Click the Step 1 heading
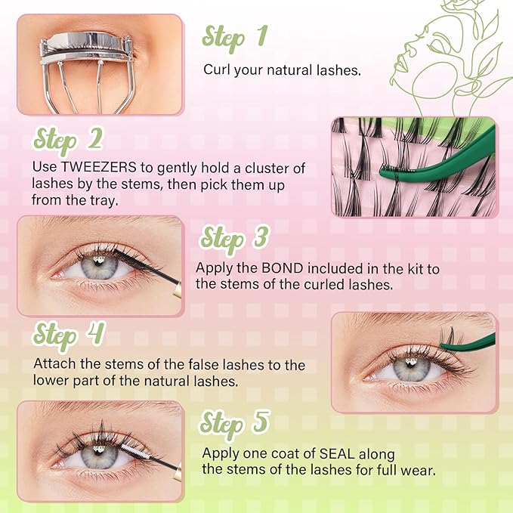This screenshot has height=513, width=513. pos(234,36)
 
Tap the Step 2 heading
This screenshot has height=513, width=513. pos(69,140)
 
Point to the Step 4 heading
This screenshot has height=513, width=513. pos(69,335)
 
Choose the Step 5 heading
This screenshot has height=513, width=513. pos(234,425)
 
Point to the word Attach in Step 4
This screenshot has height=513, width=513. pos(54,365)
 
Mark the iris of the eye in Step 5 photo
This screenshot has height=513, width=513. pos(97,456)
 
